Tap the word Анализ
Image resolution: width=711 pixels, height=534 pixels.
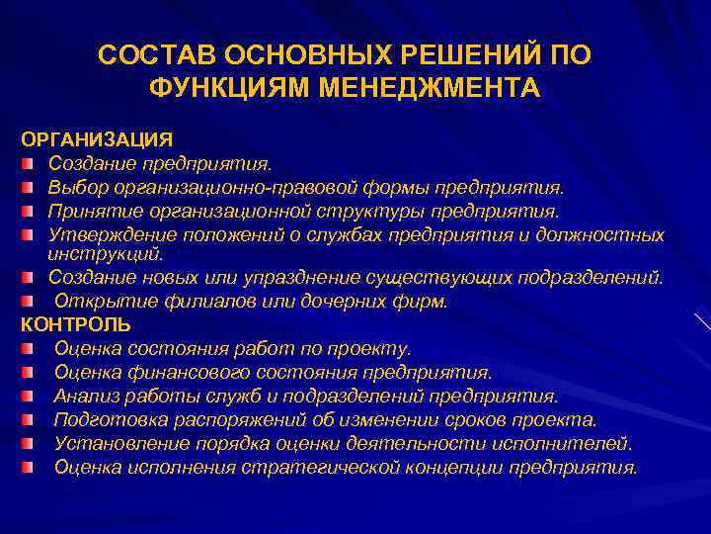click(x=84, y=396)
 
